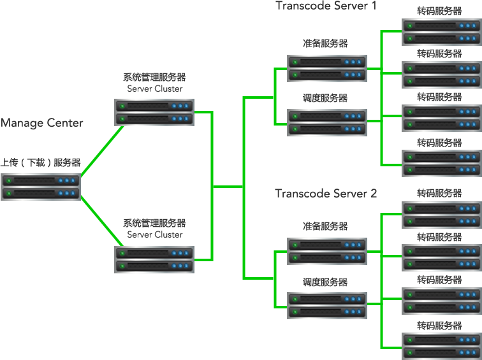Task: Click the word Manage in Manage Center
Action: tap(22, 123)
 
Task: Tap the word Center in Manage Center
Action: tap(65, 123)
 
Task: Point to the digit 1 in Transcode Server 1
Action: tap(374, 6)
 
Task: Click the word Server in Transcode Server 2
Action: tap(350, 194)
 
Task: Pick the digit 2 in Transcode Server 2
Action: tap(374, 194)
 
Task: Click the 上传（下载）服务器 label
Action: tap(41, 162)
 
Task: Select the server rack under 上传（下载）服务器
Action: tap(41, 187)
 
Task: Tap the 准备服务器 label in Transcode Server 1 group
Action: tap(325, 43)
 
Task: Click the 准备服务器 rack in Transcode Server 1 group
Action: tap(327, 69)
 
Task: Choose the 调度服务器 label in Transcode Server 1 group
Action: tap(325, 98)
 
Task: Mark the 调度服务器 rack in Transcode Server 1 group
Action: tap(327, 122)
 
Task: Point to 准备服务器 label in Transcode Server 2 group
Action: tap(325, 226)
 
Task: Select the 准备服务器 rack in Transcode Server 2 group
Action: tap(327, 251)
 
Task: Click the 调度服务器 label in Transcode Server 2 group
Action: tap(325, 282)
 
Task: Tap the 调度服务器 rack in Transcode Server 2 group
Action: tap(327, 305)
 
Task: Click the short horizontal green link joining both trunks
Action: tap(228, 187)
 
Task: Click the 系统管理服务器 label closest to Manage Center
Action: tap(155, 77)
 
